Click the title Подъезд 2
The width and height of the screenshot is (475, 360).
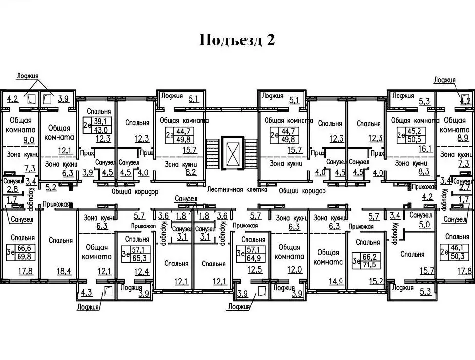[237, 39]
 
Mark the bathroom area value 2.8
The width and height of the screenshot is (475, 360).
[12, 189]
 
